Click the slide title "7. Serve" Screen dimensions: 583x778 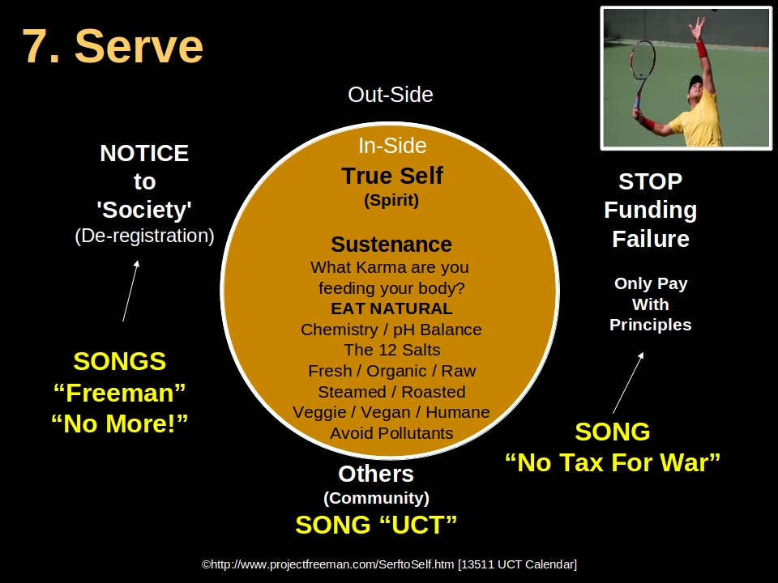[113, 46]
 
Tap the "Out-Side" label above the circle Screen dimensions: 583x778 [390, 95]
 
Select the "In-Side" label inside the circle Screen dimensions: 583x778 [392, 146]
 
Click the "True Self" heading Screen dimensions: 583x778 [392, 176]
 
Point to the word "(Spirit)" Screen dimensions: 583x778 [391, 200]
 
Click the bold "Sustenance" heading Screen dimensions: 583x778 [391, 244]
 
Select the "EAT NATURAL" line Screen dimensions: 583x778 [391, 309]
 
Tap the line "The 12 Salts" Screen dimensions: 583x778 [391, 350]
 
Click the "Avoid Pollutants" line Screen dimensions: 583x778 [391, 433]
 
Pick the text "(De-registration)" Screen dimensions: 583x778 [144, 236]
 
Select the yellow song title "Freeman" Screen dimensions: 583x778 [120, 393]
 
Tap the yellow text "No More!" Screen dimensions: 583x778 [120, 423]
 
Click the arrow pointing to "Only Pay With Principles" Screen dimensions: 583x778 [629, 382]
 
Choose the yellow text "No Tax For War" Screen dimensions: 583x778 [613, 463]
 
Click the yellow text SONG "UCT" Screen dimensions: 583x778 [376, 525]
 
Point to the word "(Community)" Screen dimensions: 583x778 [376, 498]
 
